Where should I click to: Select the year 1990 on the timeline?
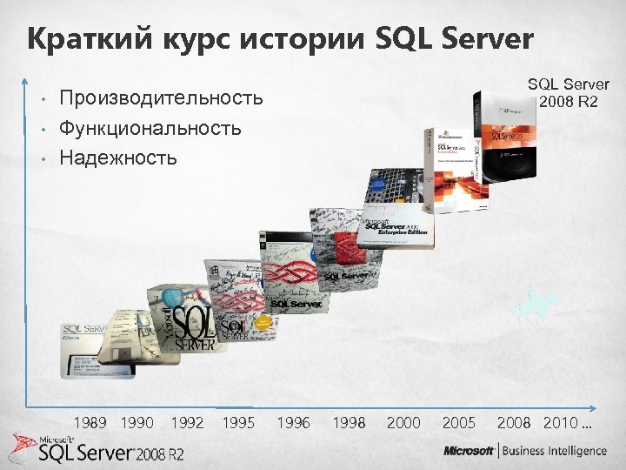(x=137, y=423)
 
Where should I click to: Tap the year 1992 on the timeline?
(x=188, y=423)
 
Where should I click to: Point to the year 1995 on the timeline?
(x=238, y=423)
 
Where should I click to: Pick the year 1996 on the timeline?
(x=293, y=423)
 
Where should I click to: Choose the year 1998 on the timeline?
(x=349, y=423)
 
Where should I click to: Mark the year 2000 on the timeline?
(x=403, y=423)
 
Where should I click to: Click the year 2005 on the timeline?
(x=459, y=423)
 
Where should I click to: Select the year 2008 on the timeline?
(x=514, y=423)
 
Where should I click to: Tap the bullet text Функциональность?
(x=150, y=128)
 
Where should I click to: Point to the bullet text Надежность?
(x=118, y=158)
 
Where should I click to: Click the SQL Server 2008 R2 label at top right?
(x=569, y=92)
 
